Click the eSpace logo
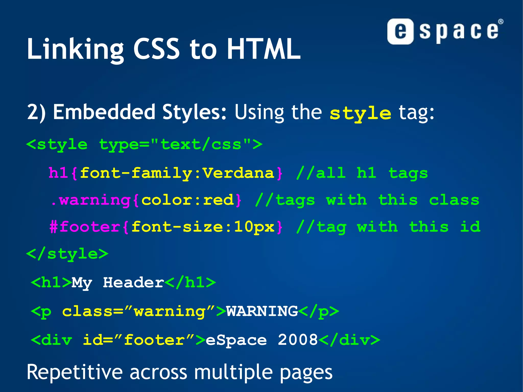pos(445,31)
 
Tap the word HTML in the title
pos(264,49)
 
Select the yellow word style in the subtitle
pos(360,113)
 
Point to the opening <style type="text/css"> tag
pos(144,145)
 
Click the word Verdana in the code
pos(238,173)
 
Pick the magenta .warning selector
pos(91,200)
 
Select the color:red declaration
pos(187,200)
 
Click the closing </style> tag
pos(67,254)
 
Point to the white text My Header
pos(117,283)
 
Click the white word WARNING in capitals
pos(262,311)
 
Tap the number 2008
pos(298,340)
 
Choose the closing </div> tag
pos(350,340)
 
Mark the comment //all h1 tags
pos(362,173)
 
